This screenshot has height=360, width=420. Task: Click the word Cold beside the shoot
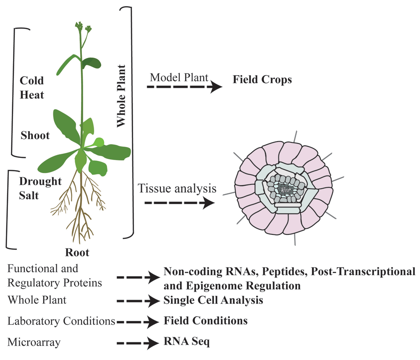31,81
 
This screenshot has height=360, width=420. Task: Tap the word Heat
32,95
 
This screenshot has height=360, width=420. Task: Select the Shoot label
35,135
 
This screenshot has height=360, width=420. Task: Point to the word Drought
40,181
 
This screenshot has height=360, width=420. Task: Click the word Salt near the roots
29,195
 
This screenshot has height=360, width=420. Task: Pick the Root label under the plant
77,252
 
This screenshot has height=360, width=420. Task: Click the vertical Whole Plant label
121,96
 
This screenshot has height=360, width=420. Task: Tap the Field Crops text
262,79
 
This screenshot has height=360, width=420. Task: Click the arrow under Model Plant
184,87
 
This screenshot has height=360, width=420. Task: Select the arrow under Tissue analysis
180,203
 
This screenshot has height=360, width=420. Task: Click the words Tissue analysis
177,188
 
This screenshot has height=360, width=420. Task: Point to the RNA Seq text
187,342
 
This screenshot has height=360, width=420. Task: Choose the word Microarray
34,342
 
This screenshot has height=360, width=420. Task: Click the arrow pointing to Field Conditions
138,322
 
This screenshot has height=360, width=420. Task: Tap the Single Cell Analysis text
213,300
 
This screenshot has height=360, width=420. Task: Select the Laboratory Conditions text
61,321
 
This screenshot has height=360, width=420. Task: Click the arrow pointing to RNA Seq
138,343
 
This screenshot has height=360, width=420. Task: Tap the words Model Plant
179,77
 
